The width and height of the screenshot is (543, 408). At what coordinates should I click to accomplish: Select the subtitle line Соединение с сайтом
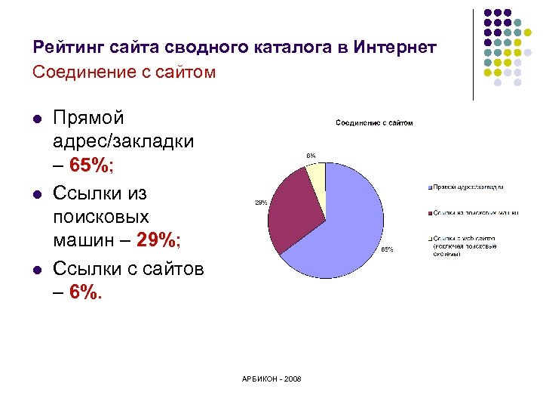coord(124,73)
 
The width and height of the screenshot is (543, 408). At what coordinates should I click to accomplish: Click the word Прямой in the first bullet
coord(89,117)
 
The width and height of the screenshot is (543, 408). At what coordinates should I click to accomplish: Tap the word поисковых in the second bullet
coord(101,216)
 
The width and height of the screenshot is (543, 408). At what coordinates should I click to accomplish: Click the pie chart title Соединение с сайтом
coord(374,122)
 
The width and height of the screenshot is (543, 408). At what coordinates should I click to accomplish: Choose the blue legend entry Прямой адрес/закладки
coord(468,187)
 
